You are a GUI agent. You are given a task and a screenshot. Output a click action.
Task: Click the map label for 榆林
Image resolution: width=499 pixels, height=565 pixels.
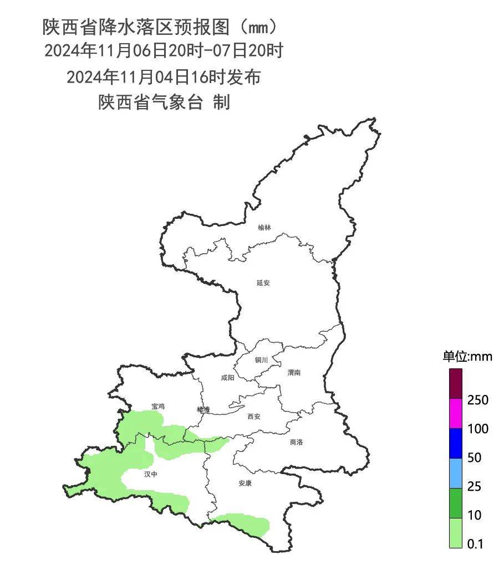tap(264, 228)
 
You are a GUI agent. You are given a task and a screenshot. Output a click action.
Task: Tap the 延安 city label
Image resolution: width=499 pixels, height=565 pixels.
tap(263, 282)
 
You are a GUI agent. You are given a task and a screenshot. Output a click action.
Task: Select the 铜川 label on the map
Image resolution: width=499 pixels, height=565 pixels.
tap(261, 360)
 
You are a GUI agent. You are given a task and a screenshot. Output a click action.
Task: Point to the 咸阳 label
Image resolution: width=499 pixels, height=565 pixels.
tap(227, 378)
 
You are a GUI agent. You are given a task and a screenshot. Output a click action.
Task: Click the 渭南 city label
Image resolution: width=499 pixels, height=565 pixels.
tap(294, 373)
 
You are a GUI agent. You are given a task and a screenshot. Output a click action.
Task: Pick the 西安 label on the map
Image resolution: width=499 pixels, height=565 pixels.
tap(254, 417)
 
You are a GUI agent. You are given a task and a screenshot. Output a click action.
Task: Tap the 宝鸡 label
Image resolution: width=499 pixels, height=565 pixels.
tap(158, 406)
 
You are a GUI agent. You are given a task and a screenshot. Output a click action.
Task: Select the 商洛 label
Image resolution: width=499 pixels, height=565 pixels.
tap(297, 442)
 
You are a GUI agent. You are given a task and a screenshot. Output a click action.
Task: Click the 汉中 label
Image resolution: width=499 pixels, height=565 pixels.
tap(151, 474)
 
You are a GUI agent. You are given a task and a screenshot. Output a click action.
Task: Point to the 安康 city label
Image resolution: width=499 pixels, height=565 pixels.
tap(245, 483)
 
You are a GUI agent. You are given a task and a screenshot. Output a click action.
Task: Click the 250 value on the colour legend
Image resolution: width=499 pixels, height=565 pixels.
tap(477, 400)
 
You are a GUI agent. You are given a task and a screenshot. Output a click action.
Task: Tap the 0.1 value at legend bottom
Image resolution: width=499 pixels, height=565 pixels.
tap(475, 544)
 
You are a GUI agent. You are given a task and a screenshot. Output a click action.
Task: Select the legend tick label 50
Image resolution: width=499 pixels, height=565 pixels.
tap(475, 458)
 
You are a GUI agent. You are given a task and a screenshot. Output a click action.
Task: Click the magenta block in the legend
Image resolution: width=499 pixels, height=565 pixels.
tap(455, 414)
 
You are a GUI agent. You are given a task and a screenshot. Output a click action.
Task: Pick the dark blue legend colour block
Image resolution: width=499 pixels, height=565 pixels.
tap(455, 443)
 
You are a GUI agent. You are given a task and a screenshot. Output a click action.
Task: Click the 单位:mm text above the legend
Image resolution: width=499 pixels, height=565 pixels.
tap(467, 356)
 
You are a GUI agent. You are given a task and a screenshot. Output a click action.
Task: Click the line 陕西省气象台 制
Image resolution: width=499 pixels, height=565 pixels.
tap(164, 102)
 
